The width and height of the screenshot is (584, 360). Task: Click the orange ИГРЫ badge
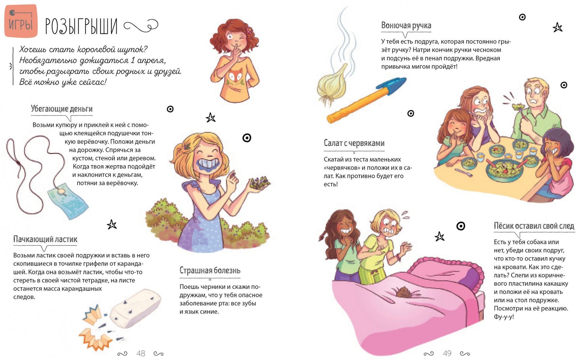click(21, 21)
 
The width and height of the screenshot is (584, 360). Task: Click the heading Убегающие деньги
click(62, 109)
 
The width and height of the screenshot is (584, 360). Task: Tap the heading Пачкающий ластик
click(45, 239)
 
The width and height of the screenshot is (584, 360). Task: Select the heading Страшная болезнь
click(210, 270)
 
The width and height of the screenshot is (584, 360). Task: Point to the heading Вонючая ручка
click(406, 25)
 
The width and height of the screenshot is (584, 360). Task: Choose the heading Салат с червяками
click(354, 143)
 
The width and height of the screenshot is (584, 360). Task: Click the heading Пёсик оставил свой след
click(534, 226)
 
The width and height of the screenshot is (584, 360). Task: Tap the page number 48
click(141, 353)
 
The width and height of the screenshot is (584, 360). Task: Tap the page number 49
click(447, 353)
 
